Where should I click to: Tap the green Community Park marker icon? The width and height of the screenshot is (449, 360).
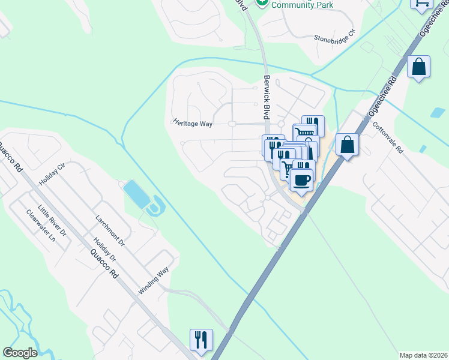pos(261,4)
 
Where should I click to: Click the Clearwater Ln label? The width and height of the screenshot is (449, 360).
pos(40,226)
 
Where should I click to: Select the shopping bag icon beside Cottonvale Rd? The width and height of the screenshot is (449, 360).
pos(348,145)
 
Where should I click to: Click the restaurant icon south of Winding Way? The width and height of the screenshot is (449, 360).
pos(200,339)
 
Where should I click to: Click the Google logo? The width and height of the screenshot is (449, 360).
pos(19,353)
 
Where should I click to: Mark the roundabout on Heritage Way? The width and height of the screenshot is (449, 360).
pos(231,124)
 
